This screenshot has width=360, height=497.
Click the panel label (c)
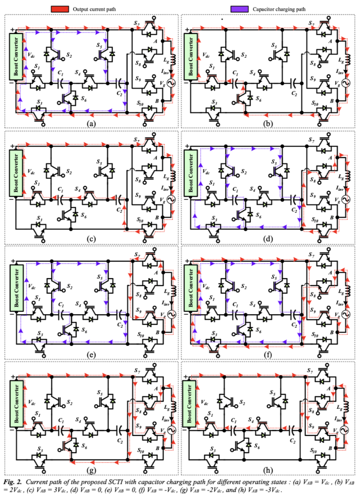click(x=91, y=239)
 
